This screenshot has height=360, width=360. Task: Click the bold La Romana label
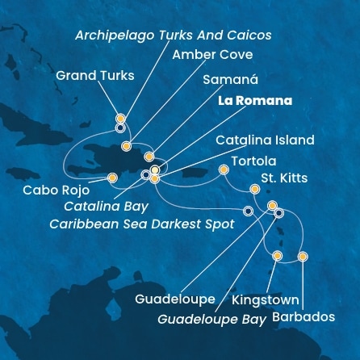point(253,102)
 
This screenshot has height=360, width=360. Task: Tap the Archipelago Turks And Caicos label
point(173,36)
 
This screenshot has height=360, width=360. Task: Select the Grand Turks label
point(95,76)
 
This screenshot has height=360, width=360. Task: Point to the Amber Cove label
point(212,55)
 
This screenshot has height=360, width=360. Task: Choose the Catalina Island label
point(265,140)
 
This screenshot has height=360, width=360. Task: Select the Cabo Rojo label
point(56,191)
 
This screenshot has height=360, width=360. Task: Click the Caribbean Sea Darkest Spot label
point(142,224)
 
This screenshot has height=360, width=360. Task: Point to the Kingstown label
point(265,299)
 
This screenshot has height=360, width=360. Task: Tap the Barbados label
point(303,317)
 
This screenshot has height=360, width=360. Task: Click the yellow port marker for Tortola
point(224,170)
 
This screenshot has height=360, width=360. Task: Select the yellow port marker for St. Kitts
point(255,189)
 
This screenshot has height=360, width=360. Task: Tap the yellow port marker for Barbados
point(303,256)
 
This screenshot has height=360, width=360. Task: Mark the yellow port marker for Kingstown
point(277,256)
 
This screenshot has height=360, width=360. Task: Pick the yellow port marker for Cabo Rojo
point(111,177)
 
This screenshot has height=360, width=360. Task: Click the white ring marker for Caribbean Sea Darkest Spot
point(248,211)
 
